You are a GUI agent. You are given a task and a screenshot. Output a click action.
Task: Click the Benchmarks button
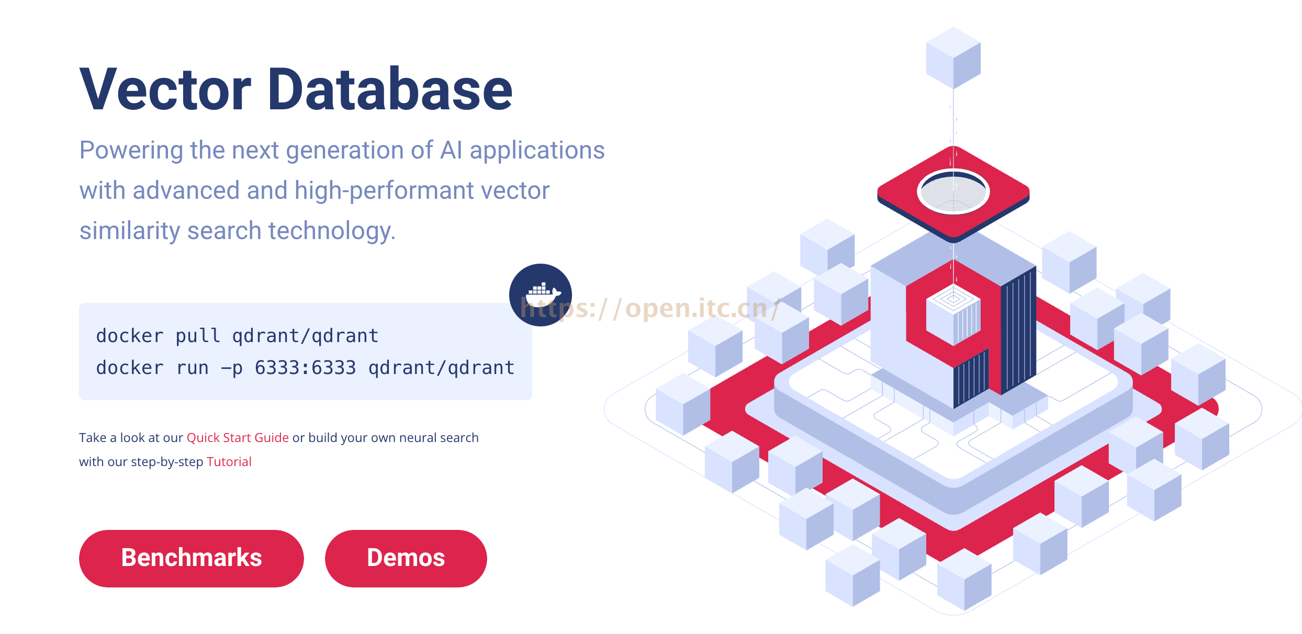coord(191,558)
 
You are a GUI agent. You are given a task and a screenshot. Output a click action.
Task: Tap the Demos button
coord(406,558)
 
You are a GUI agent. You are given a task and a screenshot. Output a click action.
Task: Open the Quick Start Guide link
coord(238,438)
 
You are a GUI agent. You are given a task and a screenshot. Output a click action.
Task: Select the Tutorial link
coord(229,462)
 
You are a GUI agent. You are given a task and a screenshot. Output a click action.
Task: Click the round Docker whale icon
coord(540,295)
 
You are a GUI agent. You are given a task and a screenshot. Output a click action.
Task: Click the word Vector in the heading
coord(165,90)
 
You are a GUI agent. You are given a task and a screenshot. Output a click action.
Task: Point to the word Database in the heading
coord(390,90)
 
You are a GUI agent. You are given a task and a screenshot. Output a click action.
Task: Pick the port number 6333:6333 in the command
coord(305,368)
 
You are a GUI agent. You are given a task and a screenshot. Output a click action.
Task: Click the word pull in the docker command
coord(197,336)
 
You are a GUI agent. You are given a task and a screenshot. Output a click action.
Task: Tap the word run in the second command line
coord(192,368)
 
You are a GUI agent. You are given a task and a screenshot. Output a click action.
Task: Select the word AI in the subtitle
coord(451,150)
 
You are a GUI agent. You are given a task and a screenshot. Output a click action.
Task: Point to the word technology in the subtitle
coord(332,231)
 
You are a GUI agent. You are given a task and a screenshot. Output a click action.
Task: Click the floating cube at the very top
coord(953,58)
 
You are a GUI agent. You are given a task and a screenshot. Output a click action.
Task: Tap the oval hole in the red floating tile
coord(953,191)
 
